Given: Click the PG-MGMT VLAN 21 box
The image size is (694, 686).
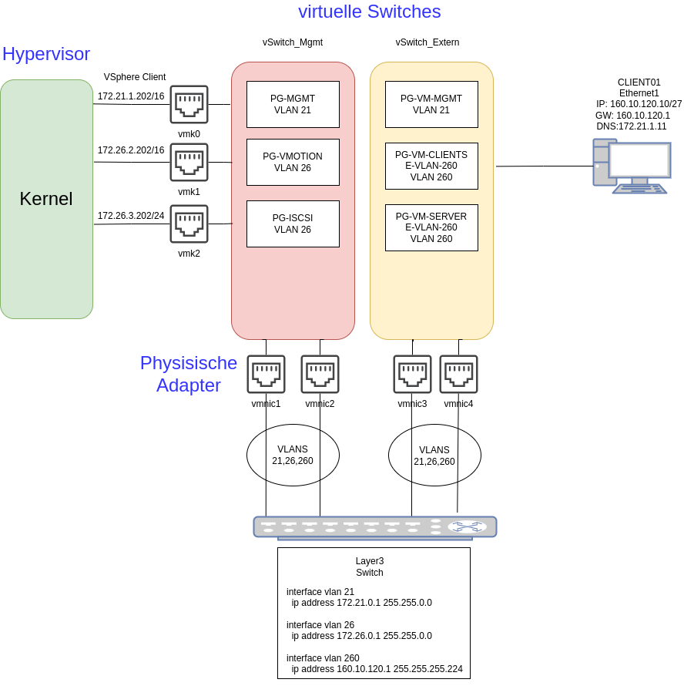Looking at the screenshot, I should pyautogui.click(x=293, y=104).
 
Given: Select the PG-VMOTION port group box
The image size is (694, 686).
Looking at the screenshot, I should pyautogui.click(x=293, y=162).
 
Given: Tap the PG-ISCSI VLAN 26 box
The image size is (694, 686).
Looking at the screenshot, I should pyautogui.click(x=293, y=224).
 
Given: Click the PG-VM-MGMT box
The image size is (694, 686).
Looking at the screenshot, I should pyautogui.click(x=431, y=104).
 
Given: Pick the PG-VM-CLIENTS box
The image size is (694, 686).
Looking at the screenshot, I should pyautogui.click(x=431, y=166).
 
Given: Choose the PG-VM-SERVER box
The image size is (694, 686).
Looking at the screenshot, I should pyautogui.click(x=431, y=227).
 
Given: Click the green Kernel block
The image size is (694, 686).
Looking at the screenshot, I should pyautogui.click(x=46, y=199).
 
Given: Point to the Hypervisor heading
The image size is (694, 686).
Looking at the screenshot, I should pyautogui.click(x=46, y=54).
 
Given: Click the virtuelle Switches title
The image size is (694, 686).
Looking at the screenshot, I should pyautogui.click(x=369, y=12).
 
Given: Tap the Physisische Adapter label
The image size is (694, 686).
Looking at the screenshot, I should pyautogui.click(x=189, y=374).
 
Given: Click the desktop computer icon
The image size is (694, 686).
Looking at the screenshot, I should pyautogui.click(x=631, y=166).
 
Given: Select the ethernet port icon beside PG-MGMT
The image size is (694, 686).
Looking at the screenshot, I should pyautogui.click(x=189, y=104).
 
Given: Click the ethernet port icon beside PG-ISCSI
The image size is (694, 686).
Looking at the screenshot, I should pyautogui.click(x=189, y=224).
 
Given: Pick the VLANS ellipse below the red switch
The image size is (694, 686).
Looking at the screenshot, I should pyautogui.click(x=293, y=455).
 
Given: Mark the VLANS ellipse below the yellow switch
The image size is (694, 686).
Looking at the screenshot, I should pyautogui.click(x=434, y=456).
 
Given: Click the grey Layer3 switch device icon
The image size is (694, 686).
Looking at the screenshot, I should pyautogui.click(x=375, y=527).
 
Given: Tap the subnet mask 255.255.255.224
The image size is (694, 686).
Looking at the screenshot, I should pyautogui.click(x=427, y=669).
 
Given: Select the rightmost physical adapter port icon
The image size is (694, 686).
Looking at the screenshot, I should pyautogui.click(x=458, y=374).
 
